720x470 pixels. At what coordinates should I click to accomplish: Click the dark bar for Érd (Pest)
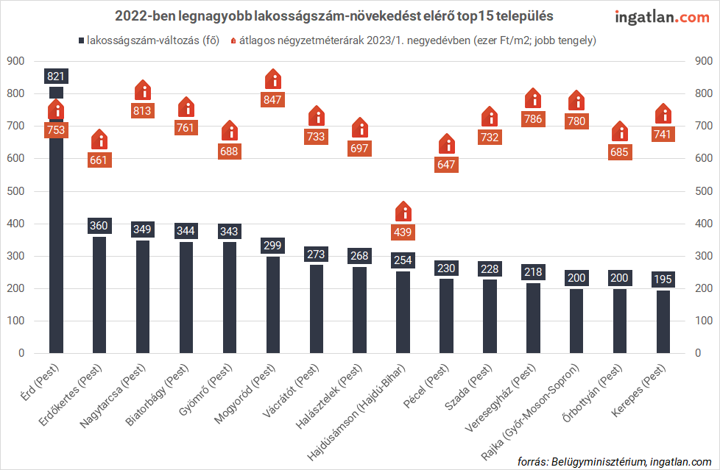(x=56, y=243)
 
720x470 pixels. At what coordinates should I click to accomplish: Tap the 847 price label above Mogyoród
(x=272, y=99)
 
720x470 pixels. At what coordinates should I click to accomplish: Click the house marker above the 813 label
(x=143, y=90)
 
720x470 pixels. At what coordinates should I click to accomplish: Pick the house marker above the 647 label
(x=446, y=144)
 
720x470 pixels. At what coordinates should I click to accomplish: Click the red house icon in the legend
(x=235, y=40)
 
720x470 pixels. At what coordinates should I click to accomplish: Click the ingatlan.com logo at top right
(x=662, y=17)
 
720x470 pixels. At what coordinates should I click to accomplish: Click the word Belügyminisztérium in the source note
(x=596, y=461)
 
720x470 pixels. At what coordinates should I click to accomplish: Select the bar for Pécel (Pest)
(x=446, y=316)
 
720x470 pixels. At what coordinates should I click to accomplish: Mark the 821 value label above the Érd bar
(x=56, y=76)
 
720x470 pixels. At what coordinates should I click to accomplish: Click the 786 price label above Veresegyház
(x=533, y=118)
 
